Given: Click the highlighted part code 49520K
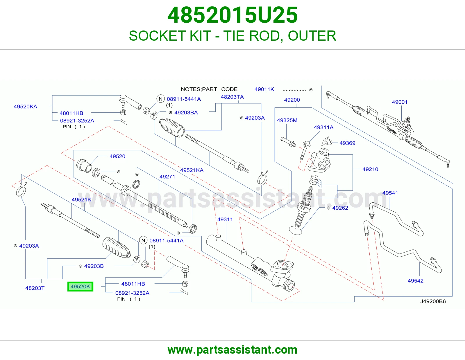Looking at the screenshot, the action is click(x=80, y=287).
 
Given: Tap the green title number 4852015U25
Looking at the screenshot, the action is click(x=233, y=15).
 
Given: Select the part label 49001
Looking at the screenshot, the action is click(x=400, y=102).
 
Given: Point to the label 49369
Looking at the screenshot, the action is click(x=347, y=143).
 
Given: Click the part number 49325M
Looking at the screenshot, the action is click(x=287, y=120).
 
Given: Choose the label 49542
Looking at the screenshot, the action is click(x=415, y=281).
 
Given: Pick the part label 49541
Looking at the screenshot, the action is click(x=390, y=193).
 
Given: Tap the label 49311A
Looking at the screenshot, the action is click(x=323, y=127).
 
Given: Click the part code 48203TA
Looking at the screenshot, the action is click(x=232, y=97).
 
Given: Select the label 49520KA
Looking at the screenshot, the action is click(x=26, y=107).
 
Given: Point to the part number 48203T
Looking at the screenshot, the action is click(x=35, y=288).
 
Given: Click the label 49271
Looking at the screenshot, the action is click(x=167, y=177).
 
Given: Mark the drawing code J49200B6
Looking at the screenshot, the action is click(x=433, y=301).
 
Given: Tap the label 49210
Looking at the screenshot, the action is click(x=370, y=169).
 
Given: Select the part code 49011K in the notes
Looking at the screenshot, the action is click(x=264, y=89).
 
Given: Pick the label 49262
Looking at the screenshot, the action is click(x=340, y=208).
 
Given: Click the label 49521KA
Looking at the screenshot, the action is click(x=192, y=170).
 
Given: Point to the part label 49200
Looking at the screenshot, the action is click(x=292, y=100).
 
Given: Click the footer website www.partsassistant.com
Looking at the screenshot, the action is click(x=233, y=350).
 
